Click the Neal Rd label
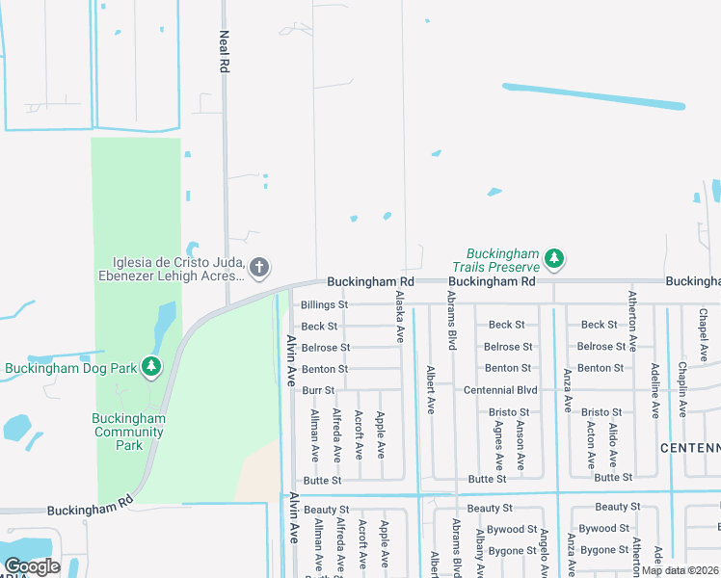point(224,52)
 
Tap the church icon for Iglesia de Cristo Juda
point(258,267)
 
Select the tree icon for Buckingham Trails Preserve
point(553,258)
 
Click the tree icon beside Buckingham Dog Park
point(151,366)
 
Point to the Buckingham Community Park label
point(129,432)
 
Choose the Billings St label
point(324,304)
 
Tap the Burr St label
point(317,390)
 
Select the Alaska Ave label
point(399,319)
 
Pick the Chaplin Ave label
point(681,388)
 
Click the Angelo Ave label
point(544,555)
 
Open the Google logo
point(32,566)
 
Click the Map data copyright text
point(680,570)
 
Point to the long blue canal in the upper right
point(594,95)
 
